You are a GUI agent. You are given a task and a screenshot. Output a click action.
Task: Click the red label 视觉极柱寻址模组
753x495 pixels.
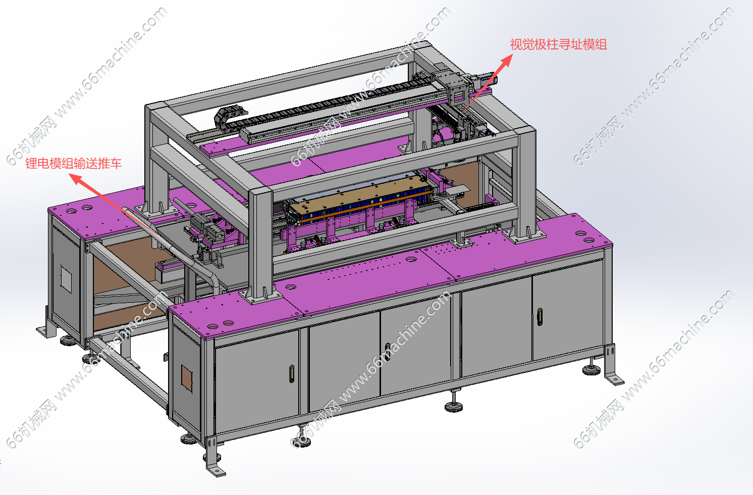point(558,45)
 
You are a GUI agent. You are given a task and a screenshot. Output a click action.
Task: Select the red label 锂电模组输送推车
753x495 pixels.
point(73,163)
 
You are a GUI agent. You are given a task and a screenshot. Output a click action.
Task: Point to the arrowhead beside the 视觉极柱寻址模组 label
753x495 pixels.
point(506,61)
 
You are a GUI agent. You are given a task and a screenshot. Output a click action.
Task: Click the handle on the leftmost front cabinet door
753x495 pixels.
point(292,374)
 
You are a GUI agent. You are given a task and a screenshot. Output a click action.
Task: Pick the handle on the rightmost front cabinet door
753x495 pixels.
point(540,316)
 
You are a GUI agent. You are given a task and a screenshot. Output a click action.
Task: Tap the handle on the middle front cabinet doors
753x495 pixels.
point(388,352)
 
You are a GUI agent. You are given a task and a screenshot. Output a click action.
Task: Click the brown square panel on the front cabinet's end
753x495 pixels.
point(187,378)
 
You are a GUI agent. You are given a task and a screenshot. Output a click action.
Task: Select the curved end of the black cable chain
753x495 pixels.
point(224,117)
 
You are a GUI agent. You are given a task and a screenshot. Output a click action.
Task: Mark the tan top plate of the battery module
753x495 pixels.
point(356,193)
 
